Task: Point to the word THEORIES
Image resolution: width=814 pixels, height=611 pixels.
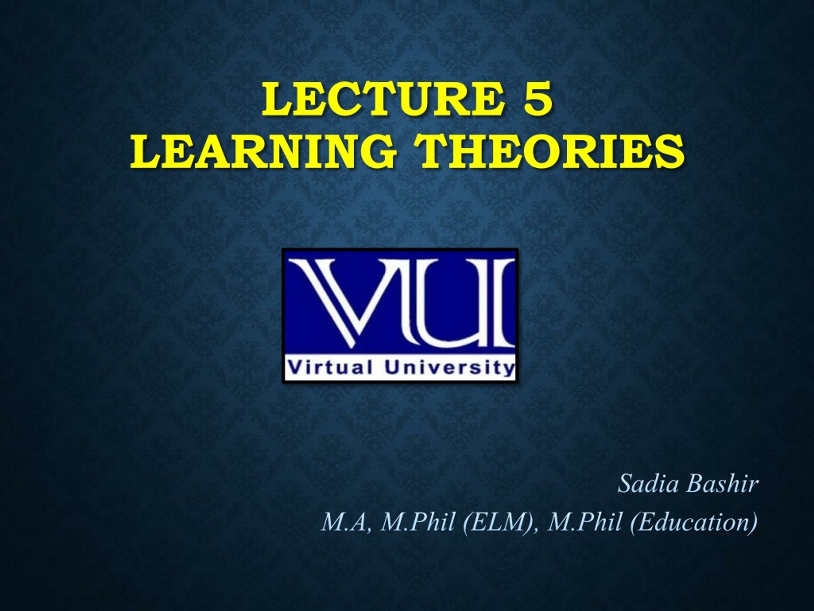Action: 552,151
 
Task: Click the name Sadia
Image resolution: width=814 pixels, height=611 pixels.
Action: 648,484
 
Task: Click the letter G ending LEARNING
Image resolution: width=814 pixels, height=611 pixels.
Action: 379,151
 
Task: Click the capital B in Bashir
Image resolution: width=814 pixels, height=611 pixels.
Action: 694,484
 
